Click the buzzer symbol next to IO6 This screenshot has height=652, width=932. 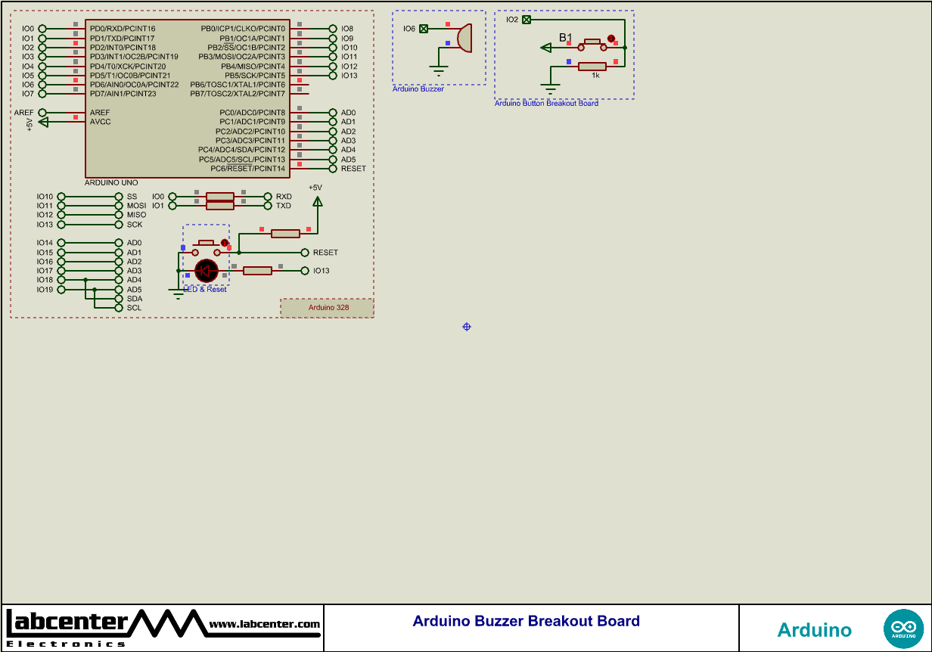464,38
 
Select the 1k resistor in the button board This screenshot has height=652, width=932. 592,67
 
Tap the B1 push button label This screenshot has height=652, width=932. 566,37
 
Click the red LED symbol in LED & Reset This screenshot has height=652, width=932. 207,271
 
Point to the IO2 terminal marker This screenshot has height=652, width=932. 527,20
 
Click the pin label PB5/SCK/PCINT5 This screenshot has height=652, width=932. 254,76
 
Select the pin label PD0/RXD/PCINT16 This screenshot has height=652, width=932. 123,29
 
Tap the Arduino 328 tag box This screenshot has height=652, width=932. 328,308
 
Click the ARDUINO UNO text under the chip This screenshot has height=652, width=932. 111,183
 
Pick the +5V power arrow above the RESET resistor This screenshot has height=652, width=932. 318,201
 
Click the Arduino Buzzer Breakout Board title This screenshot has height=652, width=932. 526,621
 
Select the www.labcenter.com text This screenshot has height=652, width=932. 264,624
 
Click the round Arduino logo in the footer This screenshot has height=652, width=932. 903,629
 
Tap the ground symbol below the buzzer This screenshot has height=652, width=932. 440,70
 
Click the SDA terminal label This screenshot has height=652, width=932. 134,299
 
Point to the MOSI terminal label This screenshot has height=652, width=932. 136,206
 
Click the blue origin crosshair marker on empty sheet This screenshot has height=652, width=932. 467,327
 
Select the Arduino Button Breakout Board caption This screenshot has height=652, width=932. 546,104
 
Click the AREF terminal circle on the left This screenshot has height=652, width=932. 42,113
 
